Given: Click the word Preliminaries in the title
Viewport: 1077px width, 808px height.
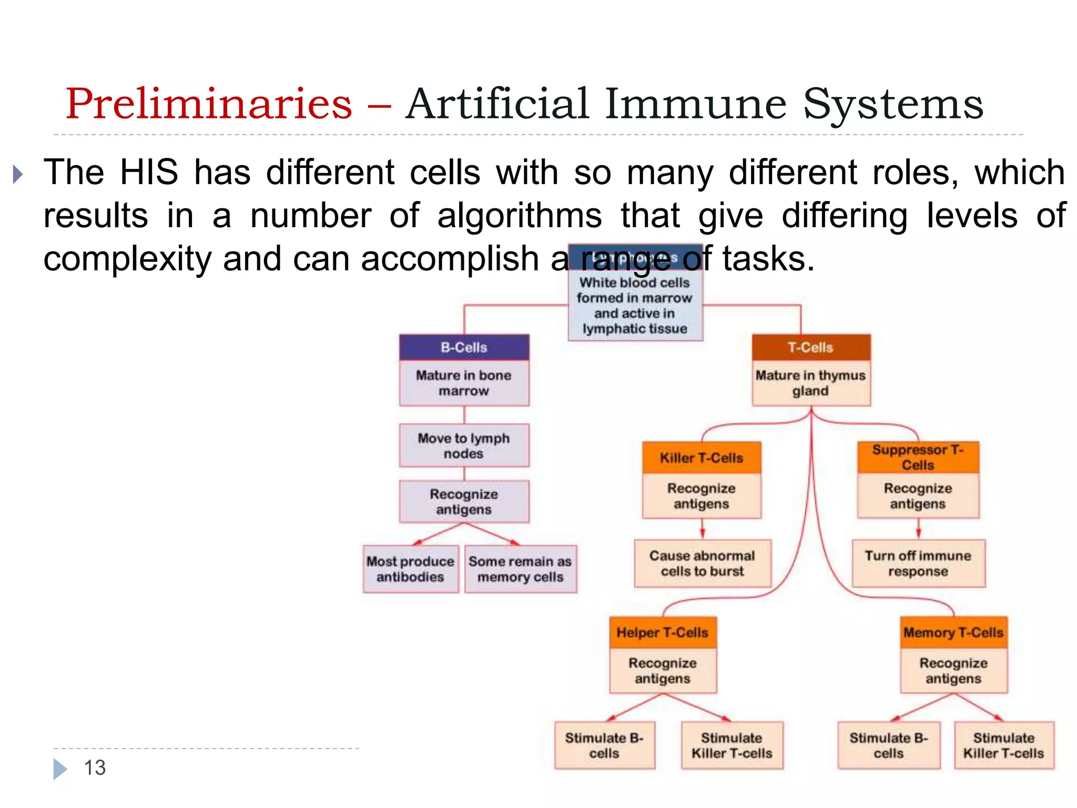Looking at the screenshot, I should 208,104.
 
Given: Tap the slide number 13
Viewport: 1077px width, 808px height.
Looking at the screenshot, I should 95,767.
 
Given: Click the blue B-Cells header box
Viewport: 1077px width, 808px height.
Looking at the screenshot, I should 464,347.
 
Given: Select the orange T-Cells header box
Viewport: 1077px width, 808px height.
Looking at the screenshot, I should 810,347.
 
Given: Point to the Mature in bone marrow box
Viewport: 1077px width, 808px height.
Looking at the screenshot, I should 464,383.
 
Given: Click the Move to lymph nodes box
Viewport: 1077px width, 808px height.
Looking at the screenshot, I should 464,446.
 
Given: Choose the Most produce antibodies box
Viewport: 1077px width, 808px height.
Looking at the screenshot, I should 410,569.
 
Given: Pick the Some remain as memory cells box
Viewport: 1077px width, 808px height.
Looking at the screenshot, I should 520,569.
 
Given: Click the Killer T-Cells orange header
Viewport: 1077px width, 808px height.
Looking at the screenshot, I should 701,458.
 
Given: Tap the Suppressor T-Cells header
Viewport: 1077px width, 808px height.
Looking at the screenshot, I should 918,457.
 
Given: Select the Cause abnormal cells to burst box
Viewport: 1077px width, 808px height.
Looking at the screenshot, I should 702,563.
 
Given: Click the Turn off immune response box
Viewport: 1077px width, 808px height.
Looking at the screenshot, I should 918,563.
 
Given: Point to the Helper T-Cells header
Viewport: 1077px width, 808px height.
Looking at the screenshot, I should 663,632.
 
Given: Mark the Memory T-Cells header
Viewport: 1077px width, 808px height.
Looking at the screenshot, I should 953,632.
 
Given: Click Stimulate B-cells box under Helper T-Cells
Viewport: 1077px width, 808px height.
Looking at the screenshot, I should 604,745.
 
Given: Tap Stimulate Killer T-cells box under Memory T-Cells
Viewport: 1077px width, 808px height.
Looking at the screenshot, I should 1003,745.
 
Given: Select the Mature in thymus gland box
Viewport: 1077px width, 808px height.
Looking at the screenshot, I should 810,383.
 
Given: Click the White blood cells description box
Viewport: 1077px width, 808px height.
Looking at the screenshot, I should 635,306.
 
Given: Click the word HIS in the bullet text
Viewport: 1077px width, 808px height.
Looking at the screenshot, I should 149,172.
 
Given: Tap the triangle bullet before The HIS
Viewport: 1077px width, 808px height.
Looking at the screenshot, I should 18,174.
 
